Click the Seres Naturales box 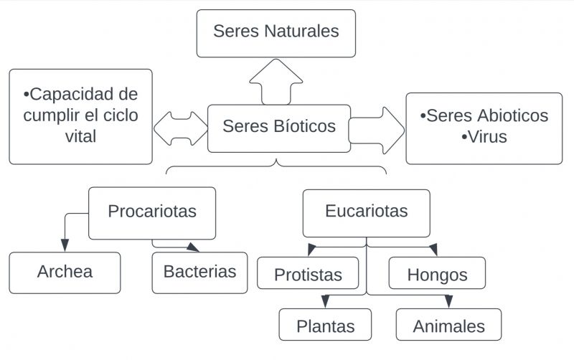pos(276,33)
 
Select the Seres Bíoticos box pos(279,128)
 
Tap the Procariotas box pos(152,212)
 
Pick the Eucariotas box pos(367,212)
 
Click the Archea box pos(65,273)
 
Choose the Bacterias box pos(199,273)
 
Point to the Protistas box pos(309,275)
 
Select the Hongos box pos(437,275)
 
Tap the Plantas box pos(326,326)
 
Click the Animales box pos(448,327)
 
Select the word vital pos(80,136)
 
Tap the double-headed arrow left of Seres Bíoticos pos(180,128)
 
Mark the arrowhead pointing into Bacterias pos(192,247)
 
